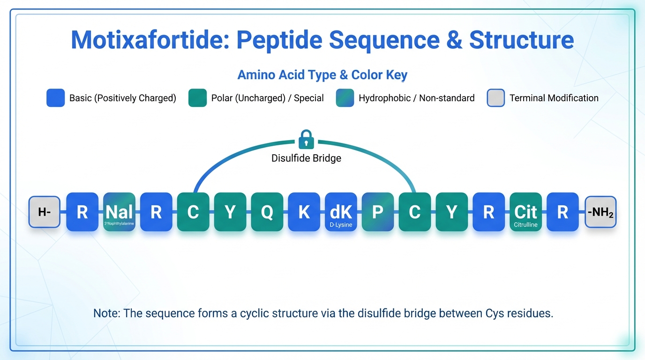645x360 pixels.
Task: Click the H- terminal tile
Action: tap(45, 212)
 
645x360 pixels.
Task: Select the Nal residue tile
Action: tap(119, 212)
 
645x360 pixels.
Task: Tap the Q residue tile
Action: tap(267, 212)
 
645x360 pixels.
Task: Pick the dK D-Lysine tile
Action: tap(341, 212)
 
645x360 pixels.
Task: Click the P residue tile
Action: tap(378, 212)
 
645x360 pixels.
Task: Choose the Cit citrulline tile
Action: tap(525, 212)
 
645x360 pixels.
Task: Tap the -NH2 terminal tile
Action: tap(600, 212)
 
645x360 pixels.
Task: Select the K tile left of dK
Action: tap(304, 212)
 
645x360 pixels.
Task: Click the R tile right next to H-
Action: tap(82, 212)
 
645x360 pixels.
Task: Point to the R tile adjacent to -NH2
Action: tap(562, 212)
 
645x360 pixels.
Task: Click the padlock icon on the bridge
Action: tap(306, 139)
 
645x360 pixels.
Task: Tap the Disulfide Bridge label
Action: tap(306, 158)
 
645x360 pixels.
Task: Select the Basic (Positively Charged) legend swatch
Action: tap(55, 98)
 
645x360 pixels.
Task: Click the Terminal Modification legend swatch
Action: tap(495, 98)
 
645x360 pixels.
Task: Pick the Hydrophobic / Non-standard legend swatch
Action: tap(345, 98)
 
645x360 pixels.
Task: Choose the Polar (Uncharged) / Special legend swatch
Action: tap(197, 98)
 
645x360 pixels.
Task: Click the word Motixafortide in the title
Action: tap(150, 40)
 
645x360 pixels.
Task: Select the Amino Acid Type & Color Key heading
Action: tap(322, 75)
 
